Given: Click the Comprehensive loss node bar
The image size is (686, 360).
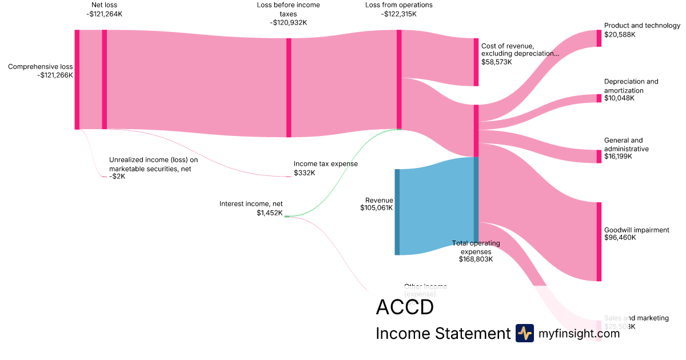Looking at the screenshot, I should pos(77,79).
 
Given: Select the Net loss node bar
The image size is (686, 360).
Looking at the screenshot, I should pos(104,79).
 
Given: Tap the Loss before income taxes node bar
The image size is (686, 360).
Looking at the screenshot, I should pos(289,87).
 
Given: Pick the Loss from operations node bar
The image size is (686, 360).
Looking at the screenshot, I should pos(399,79).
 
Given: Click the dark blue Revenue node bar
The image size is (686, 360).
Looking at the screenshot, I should pos(397,212).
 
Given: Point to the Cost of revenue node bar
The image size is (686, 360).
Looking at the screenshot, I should pos(476,62).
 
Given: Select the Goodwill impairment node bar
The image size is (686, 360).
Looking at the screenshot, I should pos(599,241).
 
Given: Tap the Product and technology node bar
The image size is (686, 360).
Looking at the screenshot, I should pos(599,38).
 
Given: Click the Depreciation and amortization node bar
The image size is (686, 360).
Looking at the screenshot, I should pos(599,98).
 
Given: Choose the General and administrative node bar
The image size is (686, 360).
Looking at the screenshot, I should pos(599,157).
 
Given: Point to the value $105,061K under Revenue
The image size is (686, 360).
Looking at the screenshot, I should pos(376,208).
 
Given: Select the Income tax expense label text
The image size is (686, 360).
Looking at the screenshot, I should pos(326,164).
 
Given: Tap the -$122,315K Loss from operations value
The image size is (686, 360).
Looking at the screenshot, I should pos(399,14).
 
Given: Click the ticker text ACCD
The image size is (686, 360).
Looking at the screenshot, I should pos(405,307).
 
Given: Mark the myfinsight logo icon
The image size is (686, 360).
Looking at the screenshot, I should pos(525,333).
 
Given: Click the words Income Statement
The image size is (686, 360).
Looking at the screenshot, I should pos(443,334).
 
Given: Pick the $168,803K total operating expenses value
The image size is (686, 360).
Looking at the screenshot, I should pos(476,259).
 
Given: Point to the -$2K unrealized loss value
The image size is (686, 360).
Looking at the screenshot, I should pos(117,177).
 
